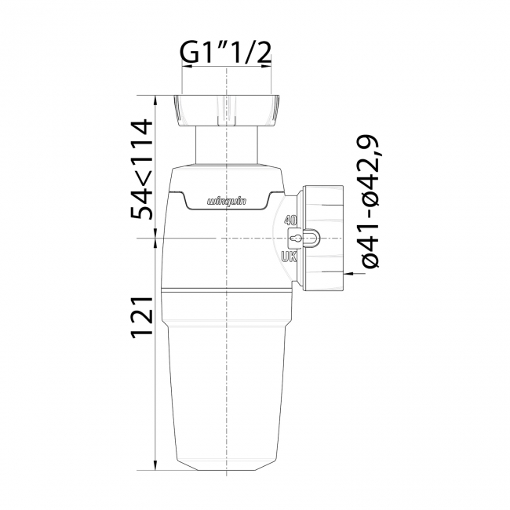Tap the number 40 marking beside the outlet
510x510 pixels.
pyautogui.click(x=290, y=220)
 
